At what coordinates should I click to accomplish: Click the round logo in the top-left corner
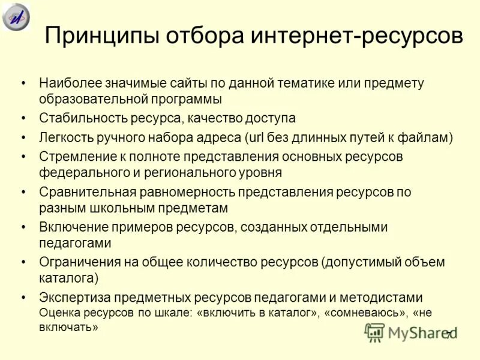click(16, 16)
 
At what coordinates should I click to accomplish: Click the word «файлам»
click(427, 137)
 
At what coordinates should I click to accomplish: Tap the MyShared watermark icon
click(374, 332)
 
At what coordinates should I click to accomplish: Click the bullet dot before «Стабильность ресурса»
click(23, 119)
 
